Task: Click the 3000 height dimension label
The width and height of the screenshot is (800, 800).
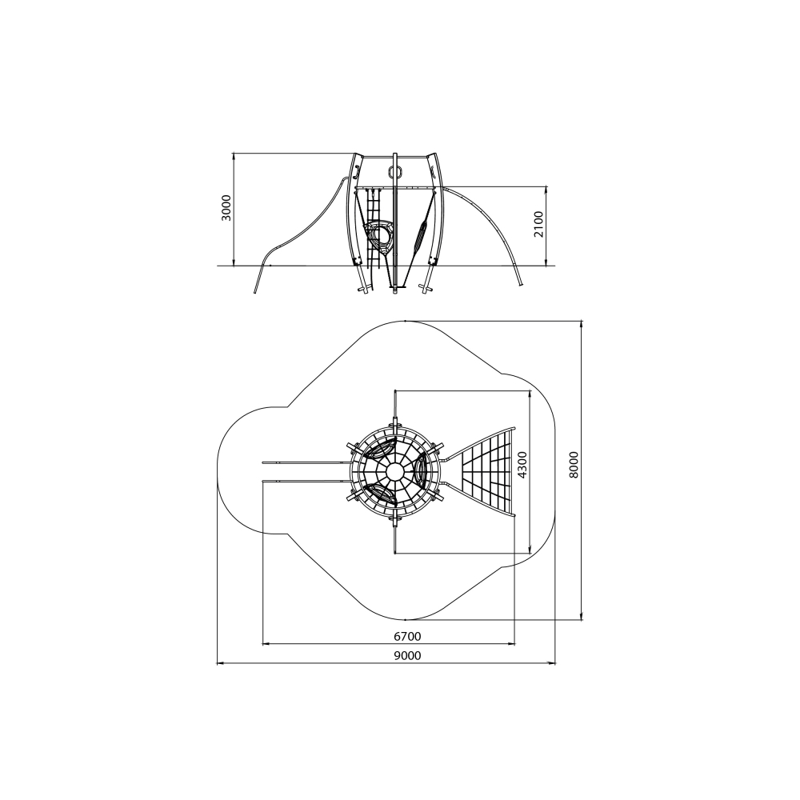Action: click(x=226, y=208)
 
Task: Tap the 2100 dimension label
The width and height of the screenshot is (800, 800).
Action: click(x=538, y=225)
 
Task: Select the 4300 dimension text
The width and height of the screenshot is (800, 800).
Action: click(x=522, y=465)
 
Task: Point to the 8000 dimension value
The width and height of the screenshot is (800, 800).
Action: click(x=574, y=465)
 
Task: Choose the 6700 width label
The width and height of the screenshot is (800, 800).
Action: click(x=407, y=636)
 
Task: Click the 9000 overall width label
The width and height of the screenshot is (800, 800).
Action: click(x=407, y=656)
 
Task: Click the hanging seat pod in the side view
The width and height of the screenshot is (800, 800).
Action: click(x=379, y=238)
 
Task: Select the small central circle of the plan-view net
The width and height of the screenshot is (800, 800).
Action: click(x=394, y=472)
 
